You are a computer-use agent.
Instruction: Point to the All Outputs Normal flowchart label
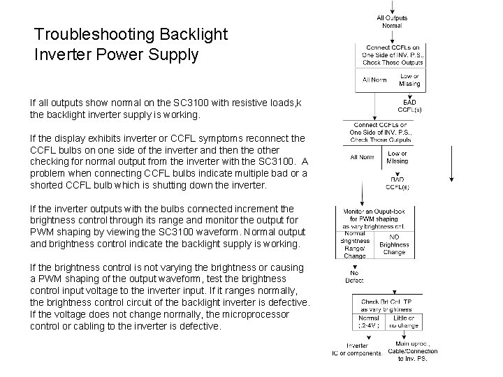392,21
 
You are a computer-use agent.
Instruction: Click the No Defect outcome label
354,276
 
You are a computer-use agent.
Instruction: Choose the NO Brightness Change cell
394,244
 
